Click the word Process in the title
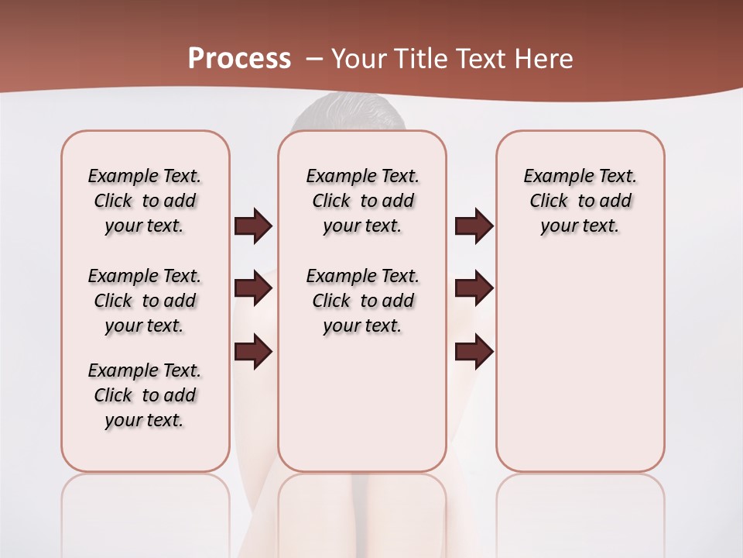239,58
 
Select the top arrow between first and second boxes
253,226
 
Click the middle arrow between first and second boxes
253,289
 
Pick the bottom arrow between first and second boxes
253,352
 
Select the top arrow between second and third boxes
474,226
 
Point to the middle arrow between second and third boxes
474,289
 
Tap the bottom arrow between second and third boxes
474,352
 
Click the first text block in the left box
145,201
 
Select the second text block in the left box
145,301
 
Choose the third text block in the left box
145,395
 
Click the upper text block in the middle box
362,201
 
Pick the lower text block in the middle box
362,301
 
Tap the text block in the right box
580,201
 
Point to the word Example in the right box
552,177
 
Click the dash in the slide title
315,59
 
